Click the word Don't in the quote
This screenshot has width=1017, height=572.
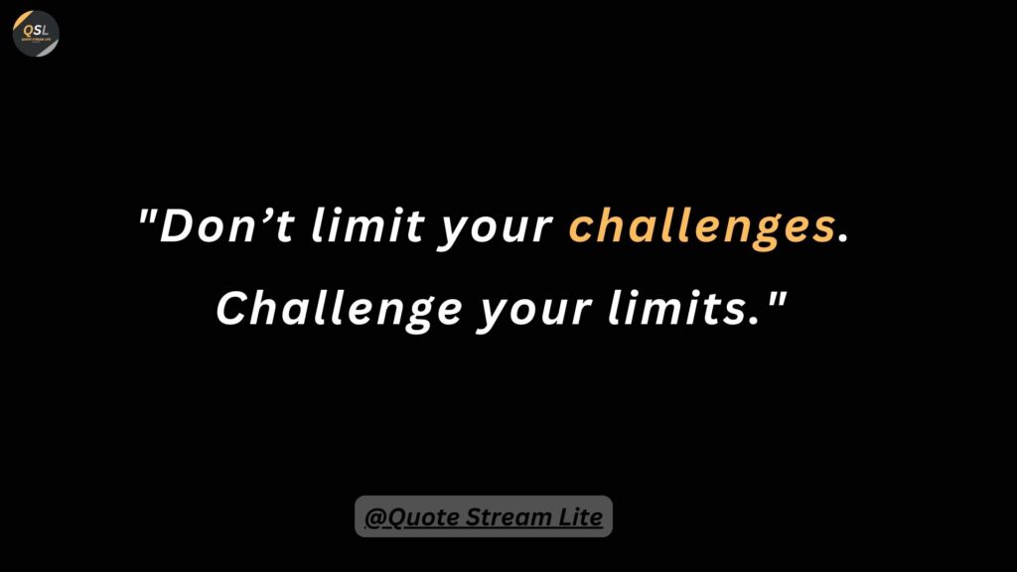(227, 225)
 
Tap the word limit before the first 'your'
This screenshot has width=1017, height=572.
(367, 224)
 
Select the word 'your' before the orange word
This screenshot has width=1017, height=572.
(496, 230)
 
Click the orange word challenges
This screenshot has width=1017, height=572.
(702, 228)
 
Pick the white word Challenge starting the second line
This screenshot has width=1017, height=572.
(340, 310)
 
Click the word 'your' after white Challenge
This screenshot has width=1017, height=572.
(534, 313)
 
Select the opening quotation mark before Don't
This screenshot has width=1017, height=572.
(149, 214)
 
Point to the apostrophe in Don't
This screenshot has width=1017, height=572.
(266, 214)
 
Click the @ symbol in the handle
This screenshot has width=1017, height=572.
(375, 517)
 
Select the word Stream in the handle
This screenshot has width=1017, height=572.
(508, 516)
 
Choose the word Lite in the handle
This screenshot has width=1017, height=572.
(579, 516)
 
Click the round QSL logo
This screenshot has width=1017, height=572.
(36, 33)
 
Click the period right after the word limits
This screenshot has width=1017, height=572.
(753, 321)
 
